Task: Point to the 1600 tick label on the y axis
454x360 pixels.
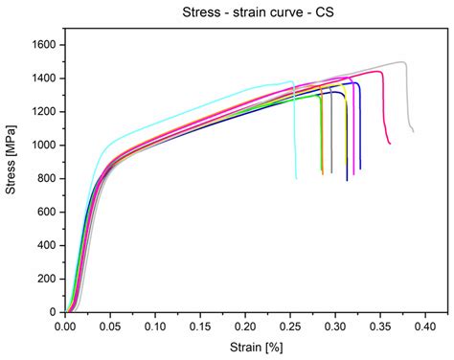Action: (44, 45)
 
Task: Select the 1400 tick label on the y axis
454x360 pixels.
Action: (44, 79)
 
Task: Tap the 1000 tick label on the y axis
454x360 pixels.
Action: (44, 146)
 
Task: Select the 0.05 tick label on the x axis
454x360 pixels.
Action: (109, 326)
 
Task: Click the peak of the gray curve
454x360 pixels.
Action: (402, 62)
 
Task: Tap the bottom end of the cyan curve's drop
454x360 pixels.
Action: (296, 178)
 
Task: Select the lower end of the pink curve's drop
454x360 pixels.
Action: (390, 143)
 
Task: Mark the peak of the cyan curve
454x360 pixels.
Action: (290, 81)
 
